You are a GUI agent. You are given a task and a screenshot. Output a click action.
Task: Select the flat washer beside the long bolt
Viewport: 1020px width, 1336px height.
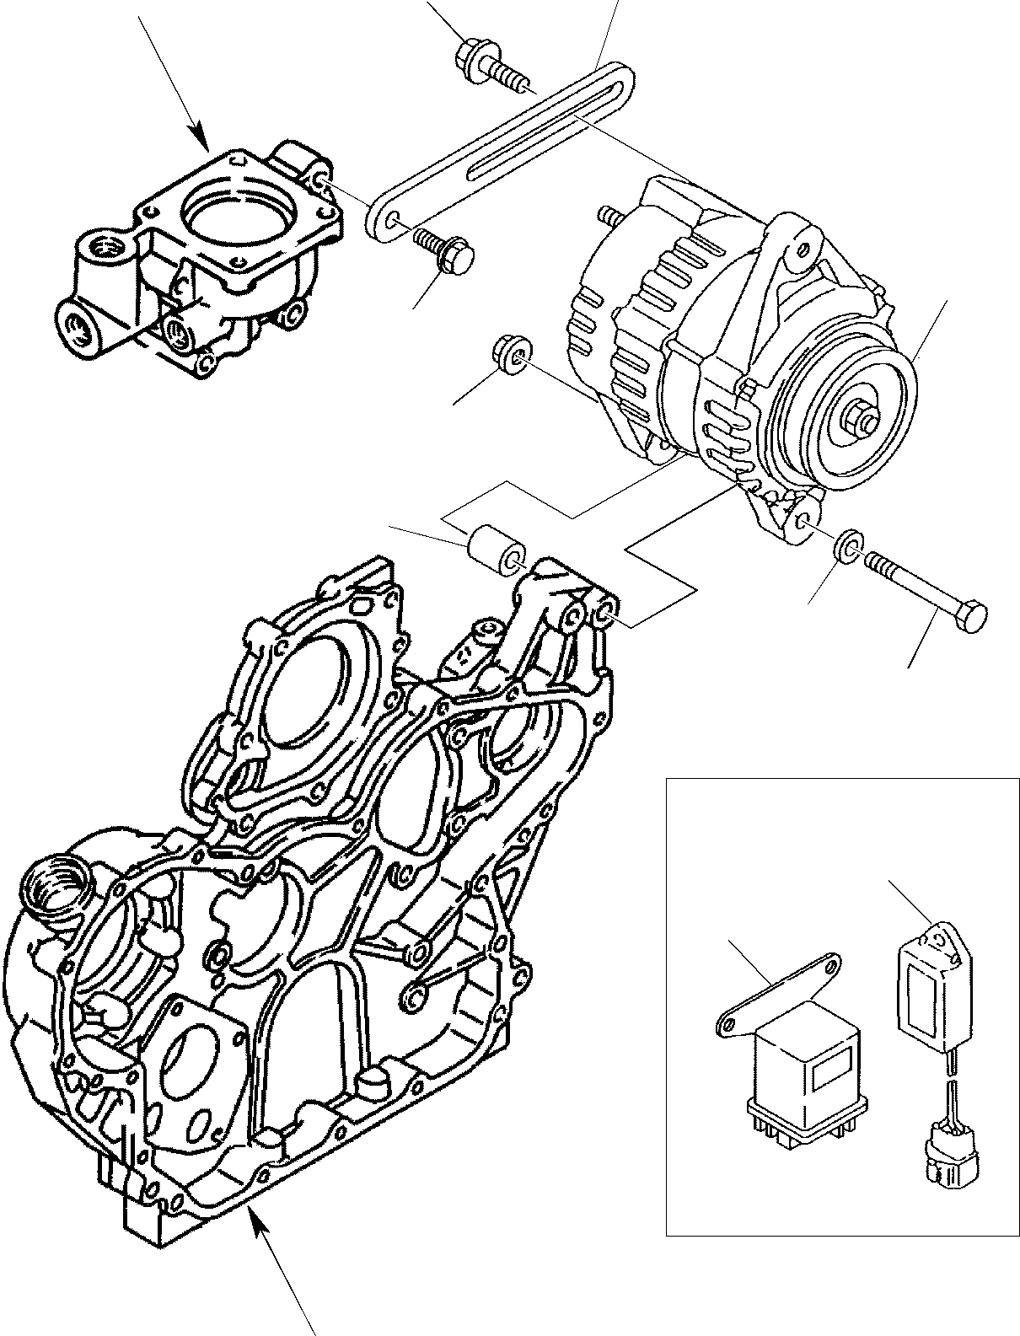click(848, 546)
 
